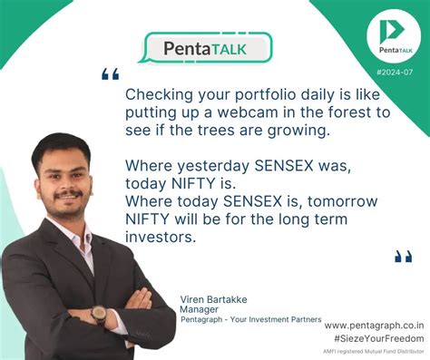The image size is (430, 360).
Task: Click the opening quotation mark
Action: coord(110,74)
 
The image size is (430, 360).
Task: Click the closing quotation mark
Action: coord(403,257)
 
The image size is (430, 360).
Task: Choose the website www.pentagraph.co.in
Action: coord(373,325)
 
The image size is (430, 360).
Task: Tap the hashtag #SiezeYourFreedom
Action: coord(374,337)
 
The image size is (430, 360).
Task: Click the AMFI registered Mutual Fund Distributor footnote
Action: coord(374,351)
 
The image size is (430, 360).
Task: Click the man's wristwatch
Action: coord(98,315)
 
